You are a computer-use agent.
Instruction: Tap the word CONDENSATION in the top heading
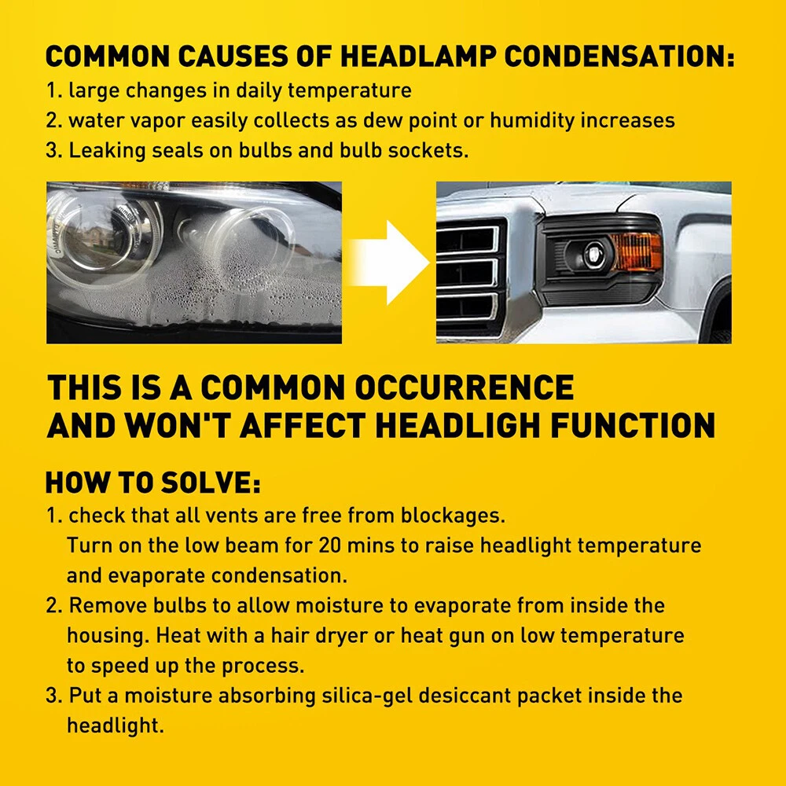point(619,56)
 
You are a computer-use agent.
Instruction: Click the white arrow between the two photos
point(388,263)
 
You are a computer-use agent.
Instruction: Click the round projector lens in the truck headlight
point(594,254)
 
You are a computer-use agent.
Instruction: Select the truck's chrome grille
point(469,274)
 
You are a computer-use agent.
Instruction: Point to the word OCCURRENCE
point(465,387)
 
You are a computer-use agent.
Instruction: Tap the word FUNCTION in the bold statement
point(633,426)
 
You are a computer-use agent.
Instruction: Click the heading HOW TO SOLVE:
point(153,483)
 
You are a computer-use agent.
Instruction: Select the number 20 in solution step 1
point(330,545)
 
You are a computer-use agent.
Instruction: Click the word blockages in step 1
point(453,516)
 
